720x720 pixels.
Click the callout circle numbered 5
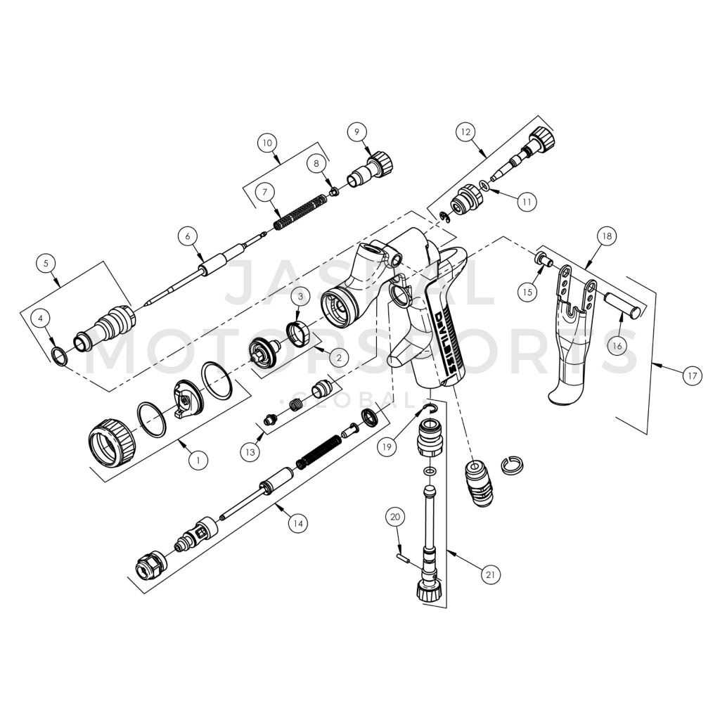(x=46, y=264)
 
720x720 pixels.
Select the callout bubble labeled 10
(x=266, y=143)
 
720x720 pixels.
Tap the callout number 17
(x=692, y=376)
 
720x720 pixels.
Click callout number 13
(x=250, y=452)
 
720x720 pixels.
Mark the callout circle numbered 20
(x=395, y=517)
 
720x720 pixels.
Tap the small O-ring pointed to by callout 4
(x=61, y=356)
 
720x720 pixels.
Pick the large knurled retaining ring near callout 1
(x=111, y=442)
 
